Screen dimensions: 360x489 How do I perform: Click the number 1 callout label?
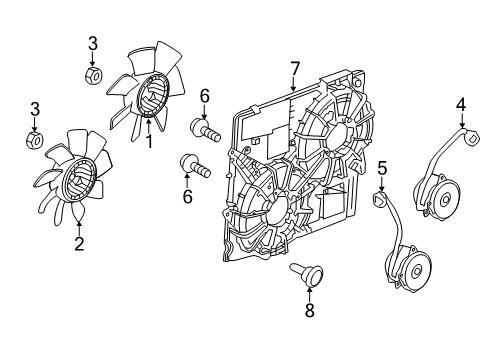(150, 141)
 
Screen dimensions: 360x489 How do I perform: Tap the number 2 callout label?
(79, 241)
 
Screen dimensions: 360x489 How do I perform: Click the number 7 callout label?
(294, 68)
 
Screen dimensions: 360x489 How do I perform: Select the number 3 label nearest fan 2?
(34, 109)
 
